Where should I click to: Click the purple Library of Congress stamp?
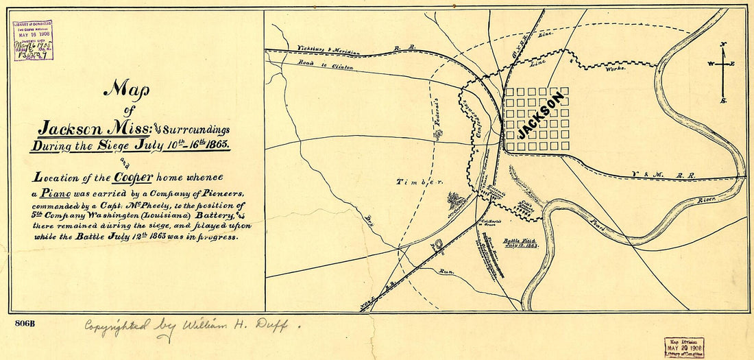33,40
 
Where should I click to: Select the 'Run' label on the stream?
447,272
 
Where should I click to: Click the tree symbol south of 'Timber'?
452,200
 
